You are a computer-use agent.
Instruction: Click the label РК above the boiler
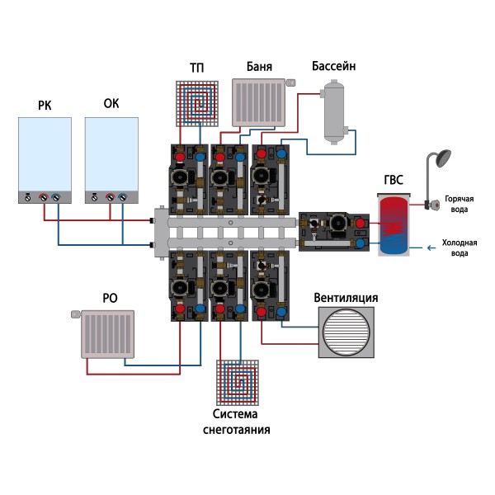[45, 105]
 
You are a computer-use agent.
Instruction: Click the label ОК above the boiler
[111, 105]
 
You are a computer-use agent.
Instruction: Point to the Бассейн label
[333, 66]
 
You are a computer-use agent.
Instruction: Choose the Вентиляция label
[346, 298]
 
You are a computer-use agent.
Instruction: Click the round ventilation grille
[347, 333]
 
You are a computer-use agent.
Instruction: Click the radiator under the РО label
[107, 334]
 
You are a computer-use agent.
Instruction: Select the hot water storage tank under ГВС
[394, 224]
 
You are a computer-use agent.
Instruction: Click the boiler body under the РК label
[45, 157]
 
